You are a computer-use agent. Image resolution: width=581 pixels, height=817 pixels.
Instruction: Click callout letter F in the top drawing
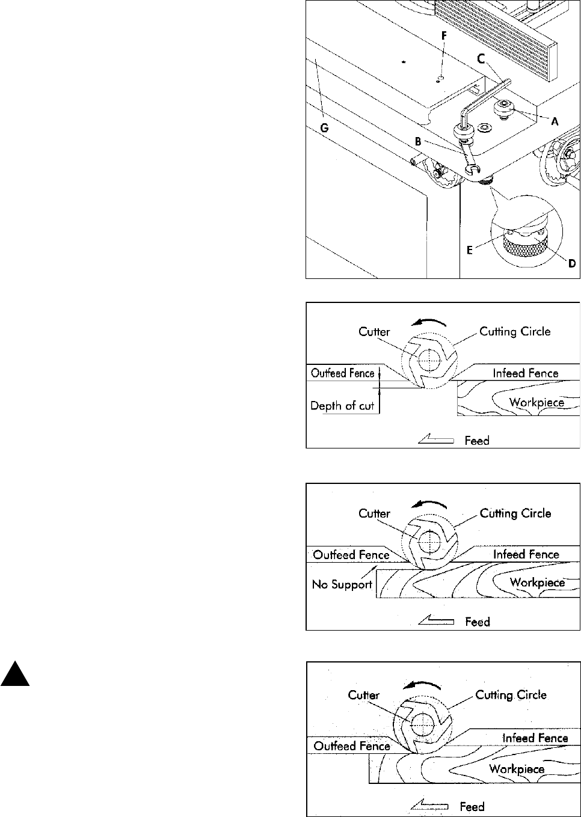tap(444, 35)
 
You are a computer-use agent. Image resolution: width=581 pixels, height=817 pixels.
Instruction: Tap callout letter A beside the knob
tap(555, 121)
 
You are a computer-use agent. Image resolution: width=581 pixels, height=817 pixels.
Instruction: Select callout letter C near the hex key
tap(481, 59)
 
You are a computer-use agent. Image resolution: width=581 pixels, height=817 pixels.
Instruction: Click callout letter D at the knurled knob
tap(571, 263)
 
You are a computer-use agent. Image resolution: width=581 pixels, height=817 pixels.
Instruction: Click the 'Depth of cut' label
tap(342, 406)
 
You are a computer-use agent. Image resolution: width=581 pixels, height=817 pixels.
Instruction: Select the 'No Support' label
tap(342, 584)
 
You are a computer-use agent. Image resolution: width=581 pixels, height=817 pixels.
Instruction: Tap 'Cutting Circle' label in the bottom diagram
tap(511, 695)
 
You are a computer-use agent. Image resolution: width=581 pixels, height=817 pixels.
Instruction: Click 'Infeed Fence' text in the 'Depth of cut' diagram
tap(526, 373)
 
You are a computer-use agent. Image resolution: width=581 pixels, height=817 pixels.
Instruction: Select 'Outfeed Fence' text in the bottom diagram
tap(352, 745)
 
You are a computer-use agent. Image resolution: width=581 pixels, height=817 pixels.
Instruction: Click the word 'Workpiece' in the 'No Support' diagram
tap(537, 582)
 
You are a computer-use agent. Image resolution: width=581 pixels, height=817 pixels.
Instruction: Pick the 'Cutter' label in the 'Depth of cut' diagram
tap(374, 332)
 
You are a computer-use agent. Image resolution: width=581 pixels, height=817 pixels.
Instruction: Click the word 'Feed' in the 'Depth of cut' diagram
tap(477, 441)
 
